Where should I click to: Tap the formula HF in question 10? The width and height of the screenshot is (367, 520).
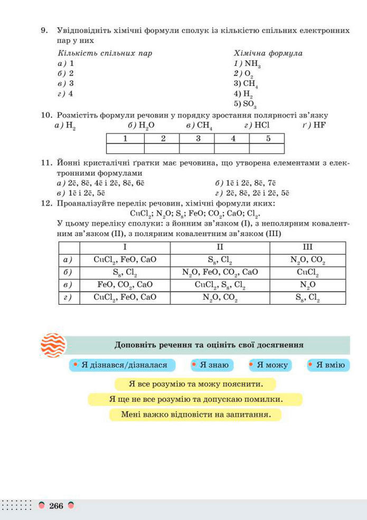click(319, 125)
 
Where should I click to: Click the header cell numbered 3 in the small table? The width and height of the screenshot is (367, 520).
click(197, 139)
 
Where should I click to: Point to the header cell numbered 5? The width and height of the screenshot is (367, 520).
click(267, 139)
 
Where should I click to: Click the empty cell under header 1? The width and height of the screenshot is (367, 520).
click(125, 148)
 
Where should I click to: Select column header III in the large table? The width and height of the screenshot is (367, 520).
click(307, 247)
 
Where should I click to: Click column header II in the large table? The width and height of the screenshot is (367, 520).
click(220, 247)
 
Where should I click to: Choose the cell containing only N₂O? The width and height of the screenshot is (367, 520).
click(307, 285)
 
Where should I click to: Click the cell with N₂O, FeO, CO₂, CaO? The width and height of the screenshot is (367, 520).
click(220, 272)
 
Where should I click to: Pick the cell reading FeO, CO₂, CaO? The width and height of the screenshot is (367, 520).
click(125, 285)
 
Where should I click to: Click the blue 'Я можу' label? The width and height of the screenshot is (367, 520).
click(269, 365)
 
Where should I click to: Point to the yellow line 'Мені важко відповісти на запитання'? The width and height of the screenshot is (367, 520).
click(195, 415)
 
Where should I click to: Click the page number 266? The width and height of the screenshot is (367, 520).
click(56, 506)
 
